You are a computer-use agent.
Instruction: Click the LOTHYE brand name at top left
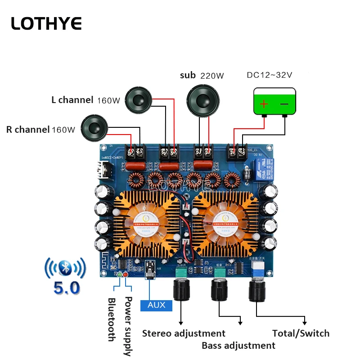click(x=46, y=23)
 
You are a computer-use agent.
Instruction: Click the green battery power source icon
click(x=274, y=102)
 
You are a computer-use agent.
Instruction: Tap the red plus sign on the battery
click(x=264, y=104)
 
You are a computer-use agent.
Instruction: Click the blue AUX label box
click(x=156, y=305)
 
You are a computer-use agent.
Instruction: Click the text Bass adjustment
click(x=238, y=346)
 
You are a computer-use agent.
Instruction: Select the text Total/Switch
click(x=301, y=333)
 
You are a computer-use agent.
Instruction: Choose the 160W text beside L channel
click(x=108, y=101)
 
